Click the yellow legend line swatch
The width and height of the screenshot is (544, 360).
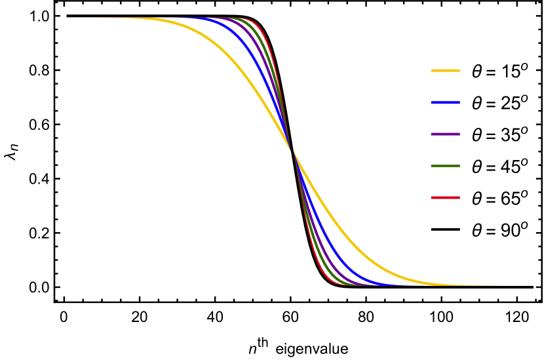(445, 70)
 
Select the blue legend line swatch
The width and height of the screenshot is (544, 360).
(445, 102)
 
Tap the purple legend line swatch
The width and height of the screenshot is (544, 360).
(445, 134)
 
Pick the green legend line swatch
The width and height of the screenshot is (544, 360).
(445, 166)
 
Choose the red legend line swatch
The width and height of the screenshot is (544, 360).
(445, 197)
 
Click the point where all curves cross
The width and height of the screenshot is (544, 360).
(291, 151)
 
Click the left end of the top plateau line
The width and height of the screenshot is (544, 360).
(68, 16)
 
